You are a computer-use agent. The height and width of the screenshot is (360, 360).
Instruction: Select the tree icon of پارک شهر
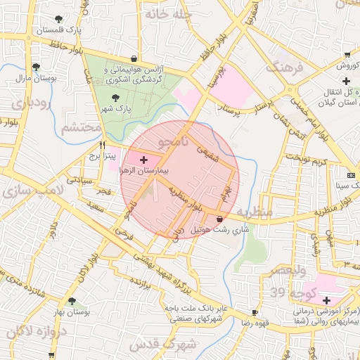115,98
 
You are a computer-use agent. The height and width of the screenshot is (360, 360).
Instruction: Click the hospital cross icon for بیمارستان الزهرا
144,160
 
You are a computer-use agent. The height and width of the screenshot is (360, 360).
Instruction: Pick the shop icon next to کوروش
347,55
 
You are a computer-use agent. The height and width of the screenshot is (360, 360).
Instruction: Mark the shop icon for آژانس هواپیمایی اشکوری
134,59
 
